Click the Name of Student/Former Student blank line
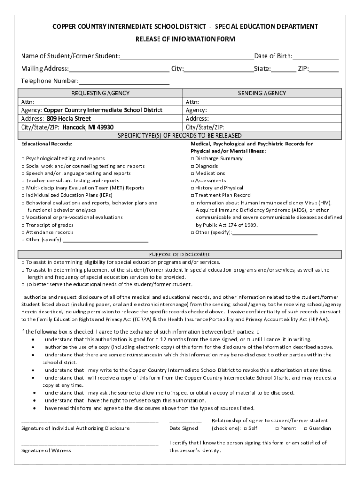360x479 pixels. pos(187,57)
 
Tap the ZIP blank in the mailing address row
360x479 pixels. pos(324,70)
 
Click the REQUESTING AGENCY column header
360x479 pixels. pos(100,94)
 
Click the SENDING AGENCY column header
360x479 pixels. pos(262,94)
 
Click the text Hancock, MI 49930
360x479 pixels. pos(88,127)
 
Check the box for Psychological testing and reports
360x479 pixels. pos(23,159)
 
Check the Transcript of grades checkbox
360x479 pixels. pos(23,225)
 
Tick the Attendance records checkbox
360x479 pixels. pos(23,233)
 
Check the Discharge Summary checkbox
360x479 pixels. pos(193,159)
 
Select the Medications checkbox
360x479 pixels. pos(193,174)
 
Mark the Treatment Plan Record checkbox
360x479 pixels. pos(193,196)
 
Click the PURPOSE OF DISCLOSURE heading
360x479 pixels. pos(180,254)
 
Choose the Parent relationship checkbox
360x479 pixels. pos(277,428)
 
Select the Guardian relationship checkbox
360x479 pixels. pos(306,428)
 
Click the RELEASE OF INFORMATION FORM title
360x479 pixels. pos(185,39)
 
